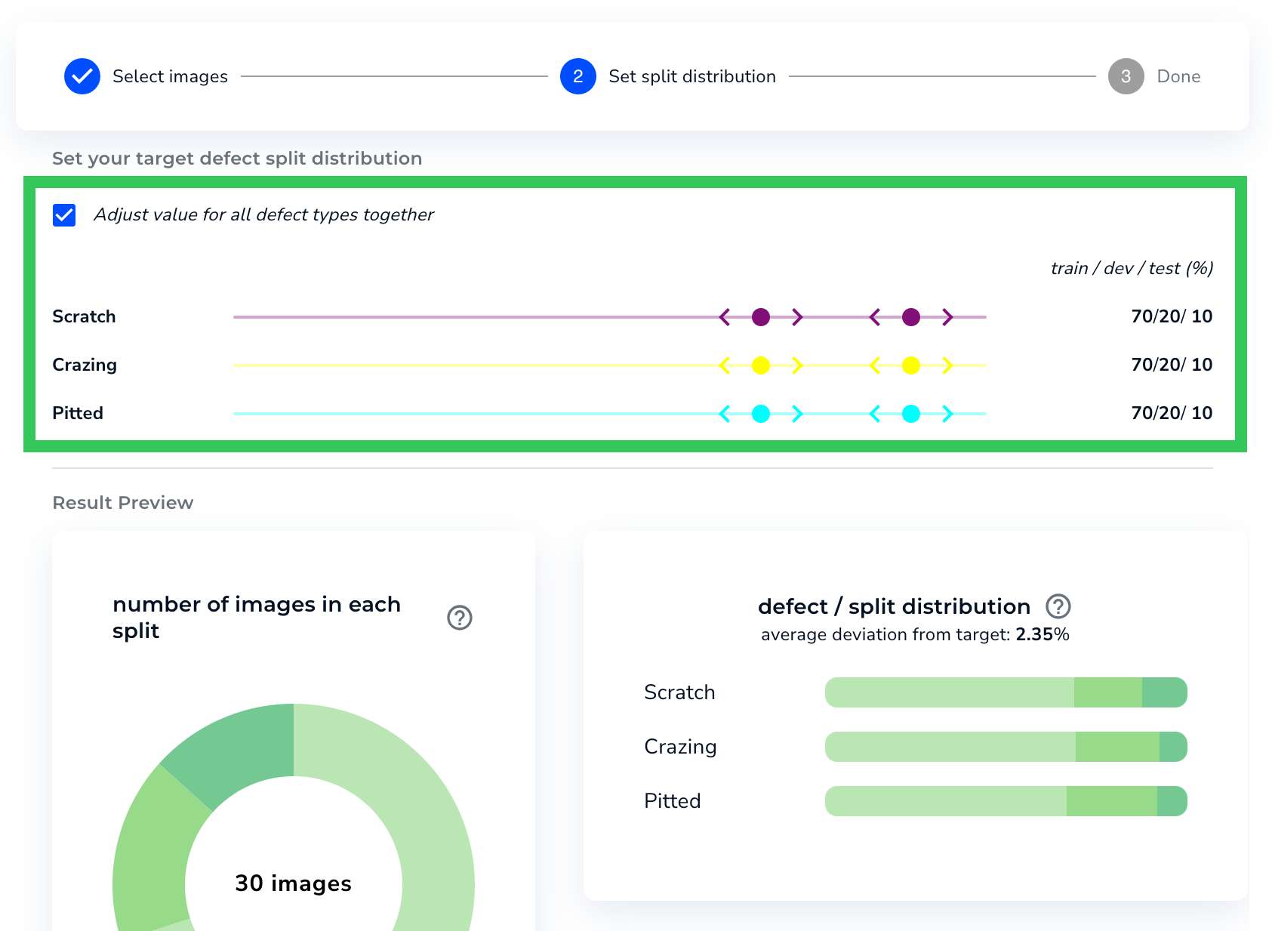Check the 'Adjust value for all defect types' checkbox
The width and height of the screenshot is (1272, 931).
click(x=64, y=215)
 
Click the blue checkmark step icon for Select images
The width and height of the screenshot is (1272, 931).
click(x=82, y=76)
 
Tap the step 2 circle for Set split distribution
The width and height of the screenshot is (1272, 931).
click(x=578, y=76)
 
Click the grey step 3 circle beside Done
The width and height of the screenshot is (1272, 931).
click(x=1126, y=76)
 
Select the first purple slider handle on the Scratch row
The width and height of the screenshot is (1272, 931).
click(x=761, y=317)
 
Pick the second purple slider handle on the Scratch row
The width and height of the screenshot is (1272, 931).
click(x=911, y=317)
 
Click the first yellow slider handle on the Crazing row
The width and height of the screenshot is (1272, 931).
click(x=761, y=365)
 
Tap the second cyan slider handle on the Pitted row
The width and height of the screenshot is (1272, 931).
click(x=911, y=414)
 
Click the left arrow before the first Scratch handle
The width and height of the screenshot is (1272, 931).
click(x=725, y=317)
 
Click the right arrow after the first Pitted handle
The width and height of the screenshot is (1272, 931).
click(x=797, y=414)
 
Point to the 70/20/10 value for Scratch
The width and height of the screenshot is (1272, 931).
click(x=1171, y=316)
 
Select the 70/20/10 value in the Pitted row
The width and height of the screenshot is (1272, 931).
click(x=1171, y=413)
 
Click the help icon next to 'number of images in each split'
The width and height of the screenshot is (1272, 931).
click(x=460, y=618)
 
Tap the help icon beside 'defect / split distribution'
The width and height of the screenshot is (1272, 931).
click(x=1058, y=606)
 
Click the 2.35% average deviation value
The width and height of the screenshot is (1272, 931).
click(x=1043, y=634)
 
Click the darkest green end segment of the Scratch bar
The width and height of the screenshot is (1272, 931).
click(x=1164, y=692)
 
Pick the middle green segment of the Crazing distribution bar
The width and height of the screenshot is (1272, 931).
click(x=1117, y=747)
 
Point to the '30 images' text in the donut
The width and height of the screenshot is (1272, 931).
click(x=293, y=883)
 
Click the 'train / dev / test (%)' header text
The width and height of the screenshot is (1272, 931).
click(x=1132, y=268)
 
